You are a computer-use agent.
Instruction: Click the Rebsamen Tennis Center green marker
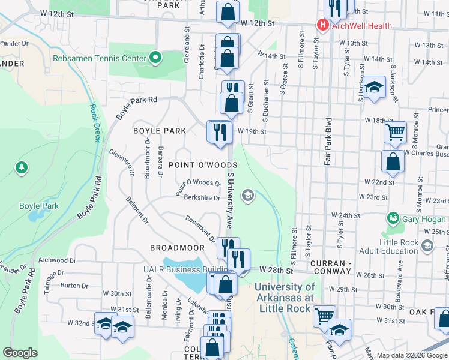(156, 58)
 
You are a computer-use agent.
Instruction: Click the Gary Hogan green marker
(393, 217)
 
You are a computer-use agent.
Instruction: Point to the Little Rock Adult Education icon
(427, 245)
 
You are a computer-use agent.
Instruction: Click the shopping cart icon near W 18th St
(395, 132)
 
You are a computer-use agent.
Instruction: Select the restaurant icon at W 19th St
(220, 131)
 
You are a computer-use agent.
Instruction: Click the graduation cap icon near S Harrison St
(373, 88)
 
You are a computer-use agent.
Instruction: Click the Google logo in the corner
(20, 353)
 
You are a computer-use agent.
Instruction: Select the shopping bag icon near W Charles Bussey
(393, 161)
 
